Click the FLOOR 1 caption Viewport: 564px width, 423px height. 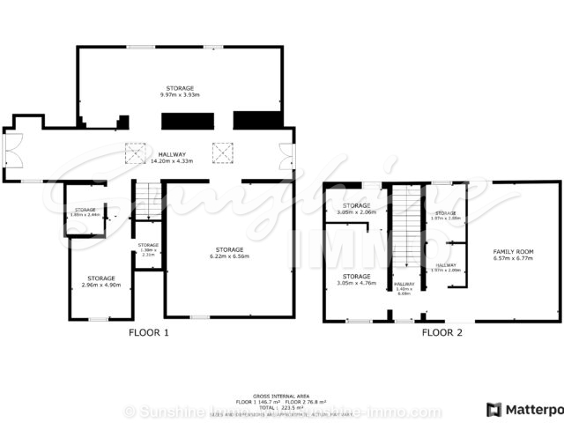(148, 333)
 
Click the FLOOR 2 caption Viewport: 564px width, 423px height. (442, 333)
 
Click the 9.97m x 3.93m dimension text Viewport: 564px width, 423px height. (180, 94)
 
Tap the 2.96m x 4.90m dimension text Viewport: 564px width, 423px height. (100, 285)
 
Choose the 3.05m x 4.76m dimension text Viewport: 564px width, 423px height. (356, 284)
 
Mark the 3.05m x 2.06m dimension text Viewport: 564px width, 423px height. (356, 213)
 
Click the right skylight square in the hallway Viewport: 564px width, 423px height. (222, 154)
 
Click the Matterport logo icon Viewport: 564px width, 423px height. (493, 410)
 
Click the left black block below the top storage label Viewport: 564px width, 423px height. (186, 121)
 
